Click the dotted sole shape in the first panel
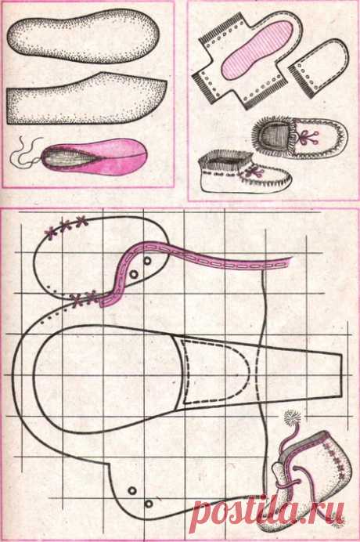click(85, 35)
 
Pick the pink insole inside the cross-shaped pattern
click(257, 49)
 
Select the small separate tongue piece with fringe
click(319, 67)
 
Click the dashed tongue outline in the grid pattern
click(216, 371)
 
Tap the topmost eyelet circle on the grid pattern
click(148, 261)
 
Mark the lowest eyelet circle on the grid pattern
click(149, 504)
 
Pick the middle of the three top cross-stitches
click(66, 225)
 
